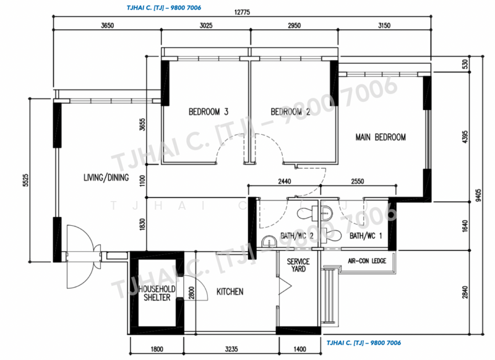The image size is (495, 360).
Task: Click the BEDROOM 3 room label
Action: point(209,112)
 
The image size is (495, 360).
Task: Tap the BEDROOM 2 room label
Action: point(290,112)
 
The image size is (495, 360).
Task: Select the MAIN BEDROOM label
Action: point(381,137)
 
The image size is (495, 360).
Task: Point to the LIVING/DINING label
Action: point(106,178)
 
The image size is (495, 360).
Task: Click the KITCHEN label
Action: point(230,291)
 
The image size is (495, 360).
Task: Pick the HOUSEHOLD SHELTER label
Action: point(157,293)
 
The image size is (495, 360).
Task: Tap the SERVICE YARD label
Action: point(298,265)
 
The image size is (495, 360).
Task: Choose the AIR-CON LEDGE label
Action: point(367,261)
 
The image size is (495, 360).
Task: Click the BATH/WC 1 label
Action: point(366,236)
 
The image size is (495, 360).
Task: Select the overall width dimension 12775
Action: point(242,12)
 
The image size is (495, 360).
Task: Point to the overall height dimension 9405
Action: point(478,195)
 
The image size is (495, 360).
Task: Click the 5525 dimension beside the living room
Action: point(25,180)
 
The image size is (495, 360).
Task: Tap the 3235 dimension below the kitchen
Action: point(231,349)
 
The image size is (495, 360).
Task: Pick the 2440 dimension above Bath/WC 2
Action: point(285,181)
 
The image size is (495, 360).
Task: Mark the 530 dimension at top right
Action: point(465,64)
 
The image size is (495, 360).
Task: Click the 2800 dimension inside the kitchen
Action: point(191,293)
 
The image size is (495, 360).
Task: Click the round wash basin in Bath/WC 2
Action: point(269,241)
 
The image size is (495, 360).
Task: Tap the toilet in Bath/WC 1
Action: point(332,234)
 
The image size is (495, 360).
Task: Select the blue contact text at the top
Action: point(164,7)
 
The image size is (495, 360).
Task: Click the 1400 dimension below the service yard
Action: point(299,349)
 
